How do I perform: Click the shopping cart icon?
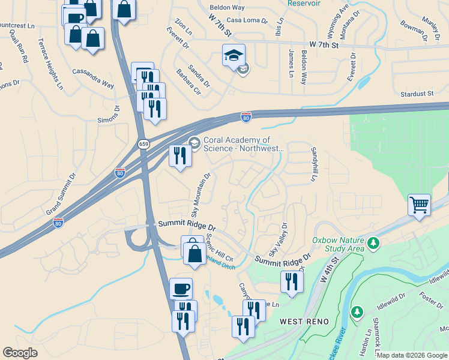coord(419,205)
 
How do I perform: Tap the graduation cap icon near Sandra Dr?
coord(234,56)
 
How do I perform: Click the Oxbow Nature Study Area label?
coord(338,244)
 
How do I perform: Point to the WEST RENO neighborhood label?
coord(304,322)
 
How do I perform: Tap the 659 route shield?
coord(143,144)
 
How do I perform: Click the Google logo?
coord(20,353)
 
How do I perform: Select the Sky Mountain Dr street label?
coord(201,195)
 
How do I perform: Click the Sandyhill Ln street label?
coord(313,165)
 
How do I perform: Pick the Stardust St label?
coord(417,94)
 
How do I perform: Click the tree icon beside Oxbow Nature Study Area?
coord(373,243)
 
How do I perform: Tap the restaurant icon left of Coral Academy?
coord(180,156)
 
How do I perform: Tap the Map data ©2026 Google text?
coord(412,355)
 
